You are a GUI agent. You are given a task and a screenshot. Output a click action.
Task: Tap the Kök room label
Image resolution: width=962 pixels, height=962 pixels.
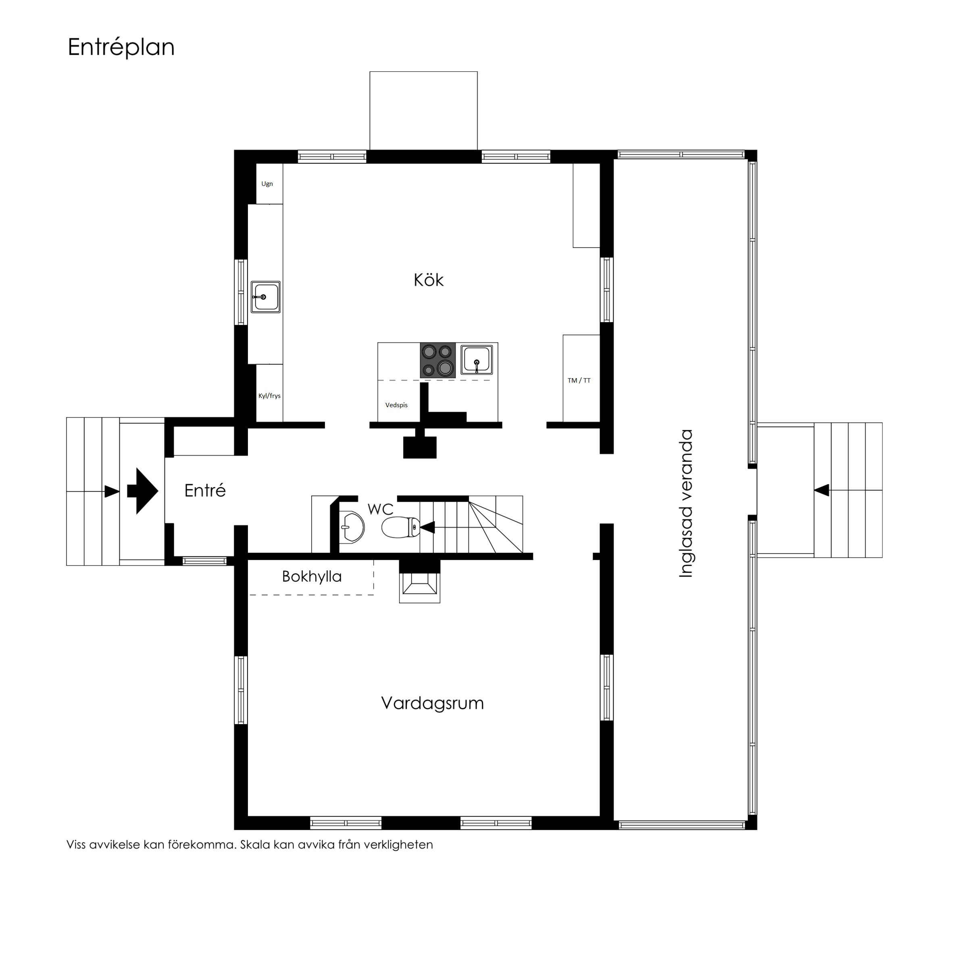[x=428, y=280]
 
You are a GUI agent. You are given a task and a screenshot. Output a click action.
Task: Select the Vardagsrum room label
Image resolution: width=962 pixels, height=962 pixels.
[x=432, y=704]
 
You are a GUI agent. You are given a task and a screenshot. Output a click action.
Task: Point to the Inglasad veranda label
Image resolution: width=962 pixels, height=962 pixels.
[x=686, y=504]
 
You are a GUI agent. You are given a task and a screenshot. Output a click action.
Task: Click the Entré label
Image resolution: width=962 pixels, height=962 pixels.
[x=205, y=491]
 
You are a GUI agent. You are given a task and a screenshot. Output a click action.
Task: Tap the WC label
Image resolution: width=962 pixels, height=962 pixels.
[x=381, y=509]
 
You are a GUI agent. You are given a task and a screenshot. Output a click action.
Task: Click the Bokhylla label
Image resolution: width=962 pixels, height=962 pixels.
[x=312, y=577]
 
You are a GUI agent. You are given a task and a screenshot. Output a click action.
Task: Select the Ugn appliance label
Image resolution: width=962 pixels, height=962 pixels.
[x=267, y=184]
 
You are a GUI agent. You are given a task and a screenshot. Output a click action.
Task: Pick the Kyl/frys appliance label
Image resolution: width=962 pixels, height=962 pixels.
[x=269, y=396]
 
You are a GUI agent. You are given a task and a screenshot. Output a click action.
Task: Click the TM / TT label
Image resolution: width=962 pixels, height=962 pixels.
[x=579, y=381]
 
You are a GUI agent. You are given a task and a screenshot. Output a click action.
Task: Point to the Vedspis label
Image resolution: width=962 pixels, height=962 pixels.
[x=396, y=405]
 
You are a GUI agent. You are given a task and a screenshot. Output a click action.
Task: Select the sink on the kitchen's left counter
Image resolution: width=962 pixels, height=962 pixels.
[x=265, y=297]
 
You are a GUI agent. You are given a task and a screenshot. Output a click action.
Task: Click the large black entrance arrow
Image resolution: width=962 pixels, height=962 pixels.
[x=143, y=491]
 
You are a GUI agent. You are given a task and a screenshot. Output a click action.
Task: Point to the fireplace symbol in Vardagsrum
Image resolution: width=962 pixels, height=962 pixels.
[x=420, y=585]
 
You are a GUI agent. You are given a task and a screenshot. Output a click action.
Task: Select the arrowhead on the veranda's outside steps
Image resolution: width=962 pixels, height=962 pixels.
[x=822, y=490]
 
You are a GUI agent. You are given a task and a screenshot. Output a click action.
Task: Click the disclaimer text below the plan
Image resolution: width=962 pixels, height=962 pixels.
[x=250, y=845]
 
